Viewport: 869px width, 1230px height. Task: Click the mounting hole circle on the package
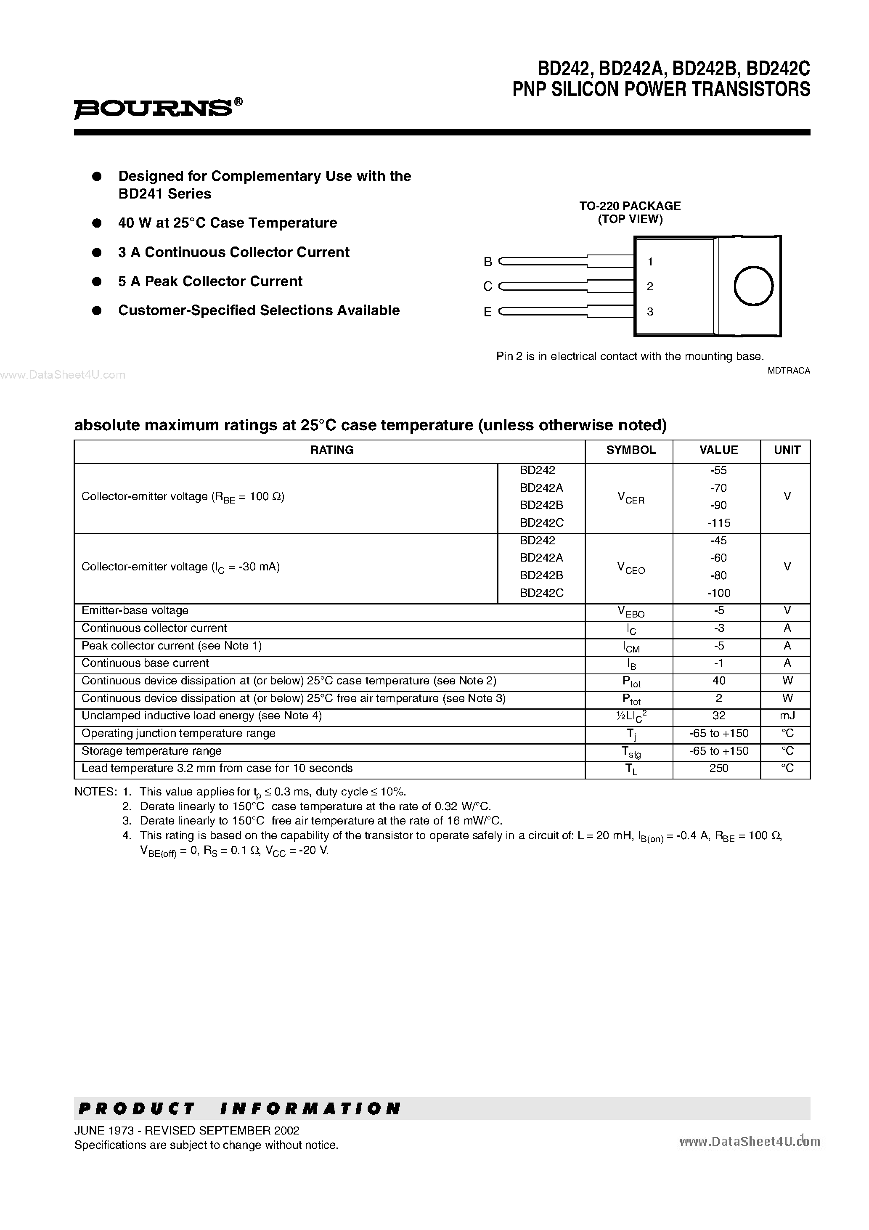[753, 286]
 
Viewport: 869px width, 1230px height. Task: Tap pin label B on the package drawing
[487, 262]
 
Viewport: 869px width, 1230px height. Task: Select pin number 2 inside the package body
[650, 286]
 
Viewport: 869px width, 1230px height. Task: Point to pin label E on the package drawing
[487, 312]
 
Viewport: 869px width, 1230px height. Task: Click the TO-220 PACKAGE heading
[630, 206]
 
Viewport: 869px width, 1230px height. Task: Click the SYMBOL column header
[631, 450]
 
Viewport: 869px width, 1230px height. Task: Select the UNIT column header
[787, 450]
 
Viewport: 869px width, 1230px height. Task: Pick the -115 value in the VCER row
[718, 522]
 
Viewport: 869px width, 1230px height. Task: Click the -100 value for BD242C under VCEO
[718, 593]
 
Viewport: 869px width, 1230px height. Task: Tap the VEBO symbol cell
[631, 611]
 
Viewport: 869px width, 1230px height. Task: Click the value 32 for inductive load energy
[718, 716]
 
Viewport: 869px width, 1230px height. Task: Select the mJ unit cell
[787, 716]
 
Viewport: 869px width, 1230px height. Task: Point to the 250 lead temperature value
[718, 768]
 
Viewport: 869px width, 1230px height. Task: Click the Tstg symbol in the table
[631, 752]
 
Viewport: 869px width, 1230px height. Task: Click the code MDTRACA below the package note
[789, 371]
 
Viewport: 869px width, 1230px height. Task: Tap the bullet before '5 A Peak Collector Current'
[97, 281]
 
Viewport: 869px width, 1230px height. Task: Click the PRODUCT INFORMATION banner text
[239, 1108]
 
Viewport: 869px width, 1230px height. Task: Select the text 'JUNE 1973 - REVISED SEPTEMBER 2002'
[186, 1130]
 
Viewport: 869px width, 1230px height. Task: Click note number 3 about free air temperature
[127, 820]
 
